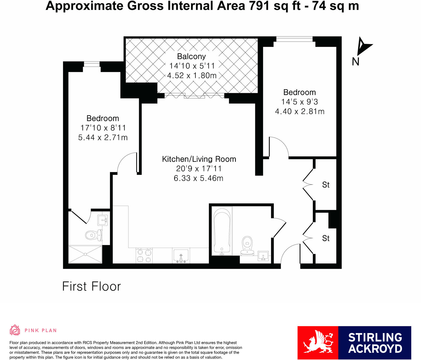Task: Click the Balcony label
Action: [191, 56]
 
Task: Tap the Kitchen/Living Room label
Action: [199, 159]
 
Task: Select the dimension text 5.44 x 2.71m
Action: [103, 137]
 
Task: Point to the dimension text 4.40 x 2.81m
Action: [300, 111]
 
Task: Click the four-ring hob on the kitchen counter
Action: [144, 256]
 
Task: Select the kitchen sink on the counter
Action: [181, 256]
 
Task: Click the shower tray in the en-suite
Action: [85, 254]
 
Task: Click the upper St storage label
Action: [326, 185]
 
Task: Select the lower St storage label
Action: [326, 238]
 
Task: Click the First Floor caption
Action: [91, 286]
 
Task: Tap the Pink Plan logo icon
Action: [15, 330]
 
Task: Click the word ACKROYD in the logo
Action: [375, 349]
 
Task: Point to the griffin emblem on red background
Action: [318, 343]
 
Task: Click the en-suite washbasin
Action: [102, 220]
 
